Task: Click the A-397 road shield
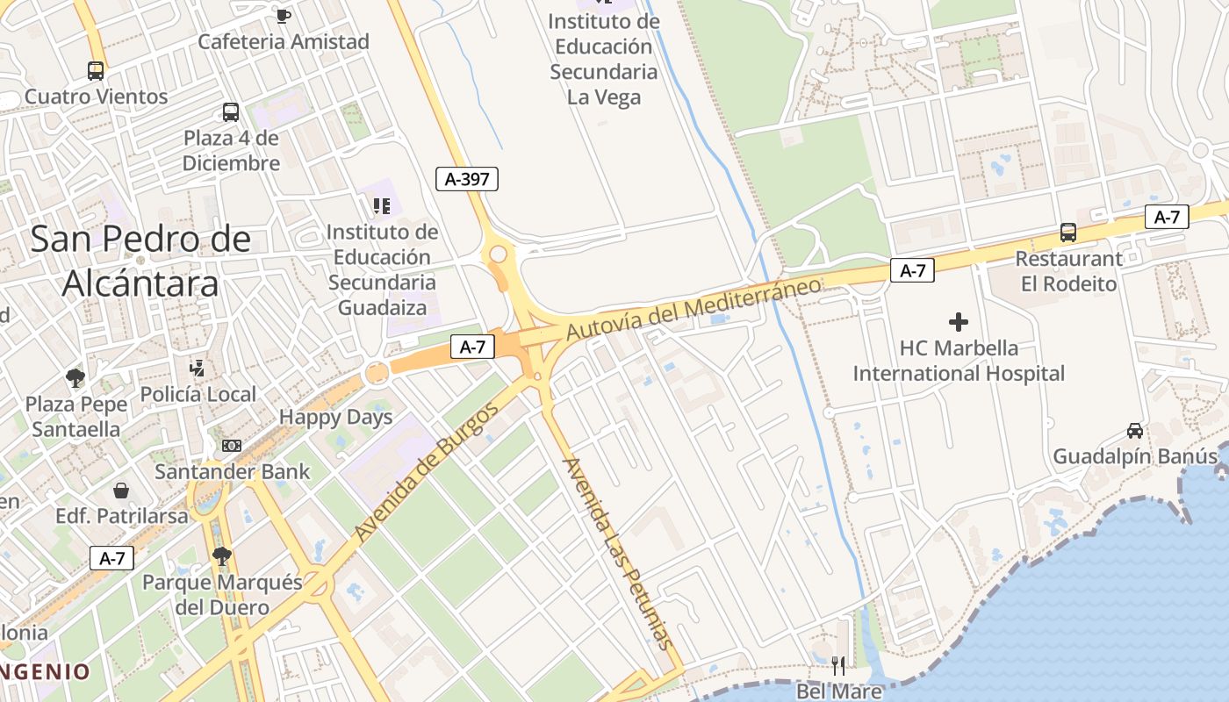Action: [467, 179]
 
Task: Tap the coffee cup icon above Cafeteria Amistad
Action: [283, 15]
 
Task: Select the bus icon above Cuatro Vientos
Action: [96, 70]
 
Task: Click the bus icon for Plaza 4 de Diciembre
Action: [231, 112]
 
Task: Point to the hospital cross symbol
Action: [959, 322]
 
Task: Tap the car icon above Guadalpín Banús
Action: [1135, 431]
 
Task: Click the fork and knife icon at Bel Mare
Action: [838, 666]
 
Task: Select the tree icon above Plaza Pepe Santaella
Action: [75, 378]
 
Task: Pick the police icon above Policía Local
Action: [198, 369]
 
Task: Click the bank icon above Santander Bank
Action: [232, 446]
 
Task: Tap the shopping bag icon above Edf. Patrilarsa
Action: [121, 490]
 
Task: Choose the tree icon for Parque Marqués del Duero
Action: [222, 555]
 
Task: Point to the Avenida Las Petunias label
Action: [618, 553]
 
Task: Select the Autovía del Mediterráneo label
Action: [694, 308]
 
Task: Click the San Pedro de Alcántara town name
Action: [140, 261]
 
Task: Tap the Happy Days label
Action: [336, 418]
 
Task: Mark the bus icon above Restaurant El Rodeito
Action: [1068, 233]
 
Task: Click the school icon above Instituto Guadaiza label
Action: [381, 206]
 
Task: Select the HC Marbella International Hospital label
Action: [959, 361]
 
